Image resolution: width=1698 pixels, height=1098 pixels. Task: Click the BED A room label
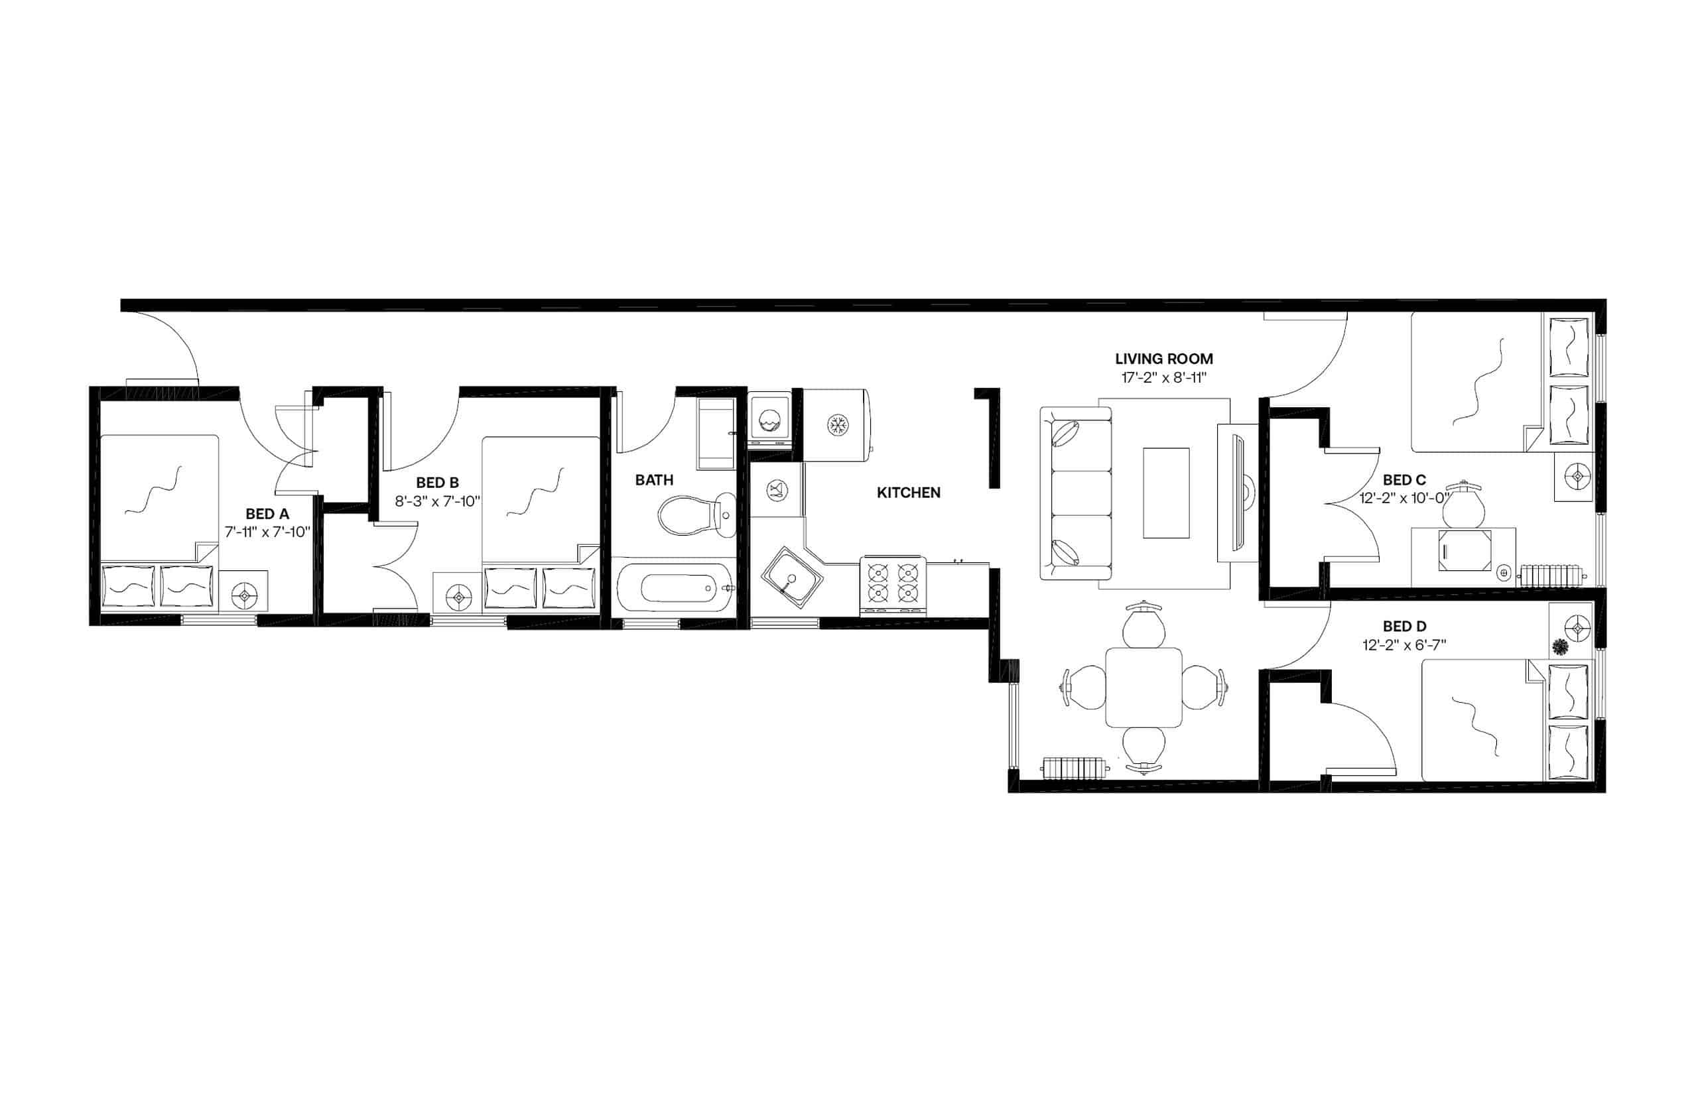[x=267, y=513]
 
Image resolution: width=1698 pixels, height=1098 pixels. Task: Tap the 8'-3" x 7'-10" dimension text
[x=437, y=501]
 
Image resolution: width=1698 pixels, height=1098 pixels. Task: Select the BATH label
[x=653, y=480]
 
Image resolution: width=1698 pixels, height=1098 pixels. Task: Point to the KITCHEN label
[x=908, y=492]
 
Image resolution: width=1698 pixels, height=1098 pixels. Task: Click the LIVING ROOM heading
[x=1163, y=359]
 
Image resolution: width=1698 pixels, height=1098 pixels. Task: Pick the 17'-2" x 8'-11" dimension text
[x=1163, y=378]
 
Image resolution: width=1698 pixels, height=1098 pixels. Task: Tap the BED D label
[x=1404, y=626]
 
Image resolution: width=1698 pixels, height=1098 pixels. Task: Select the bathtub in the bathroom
[x=674, y=588]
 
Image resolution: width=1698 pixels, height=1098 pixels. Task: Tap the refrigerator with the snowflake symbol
[x=836, y=426]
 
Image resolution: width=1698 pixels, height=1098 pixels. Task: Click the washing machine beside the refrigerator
[x=769, y=420]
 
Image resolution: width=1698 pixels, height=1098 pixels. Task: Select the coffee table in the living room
[x=1165, y=492]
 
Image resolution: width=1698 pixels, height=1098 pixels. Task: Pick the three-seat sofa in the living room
[x=1075, y=493]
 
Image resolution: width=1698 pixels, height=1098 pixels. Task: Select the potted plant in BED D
[x=1559, y=647]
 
